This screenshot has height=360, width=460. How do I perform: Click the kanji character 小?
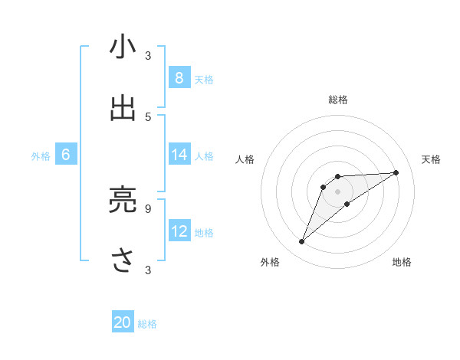pos(123,47)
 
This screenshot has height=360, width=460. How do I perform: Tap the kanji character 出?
pos(123,108)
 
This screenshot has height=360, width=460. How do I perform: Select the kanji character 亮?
pos(123,199)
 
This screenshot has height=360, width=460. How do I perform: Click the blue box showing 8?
pos(179,77)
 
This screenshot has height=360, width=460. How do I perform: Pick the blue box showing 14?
pos(179,155)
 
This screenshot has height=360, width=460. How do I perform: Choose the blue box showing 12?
pos(179,231)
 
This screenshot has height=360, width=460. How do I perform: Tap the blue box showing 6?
pos(66,155)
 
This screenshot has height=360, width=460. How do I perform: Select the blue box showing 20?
pos(123,322)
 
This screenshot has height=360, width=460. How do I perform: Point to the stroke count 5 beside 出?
pos(148,116)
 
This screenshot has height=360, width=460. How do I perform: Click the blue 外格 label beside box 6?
pos(41,155)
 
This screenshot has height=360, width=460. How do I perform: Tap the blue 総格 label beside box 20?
pos(147,324)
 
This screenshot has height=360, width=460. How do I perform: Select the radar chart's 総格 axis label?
pos(338,100)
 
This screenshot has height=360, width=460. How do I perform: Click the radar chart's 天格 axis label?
pos(431,159)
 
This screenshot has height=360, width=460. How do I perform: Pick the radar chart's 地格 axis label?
pos(402,263)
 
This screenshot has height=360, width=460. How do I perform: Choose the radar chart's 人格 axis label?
pos(245,159)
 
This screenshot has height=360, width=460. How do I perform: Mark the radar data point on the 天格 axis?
pos(396,172)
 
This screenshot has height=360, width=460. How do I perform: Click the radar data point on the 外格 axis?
pos(301,242)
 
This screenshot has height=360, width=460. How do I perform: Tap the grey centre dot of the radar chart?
pos(338,191)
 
